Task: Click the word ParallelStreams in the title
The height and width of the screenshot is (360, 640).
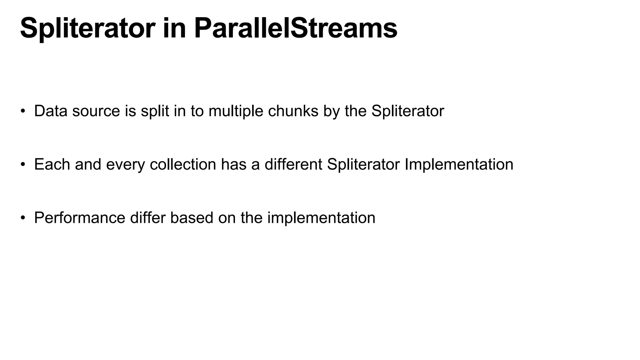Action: [x=295, y=28]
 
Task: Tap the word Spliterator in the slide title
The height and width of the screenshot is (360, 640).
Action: [x=87, y=28]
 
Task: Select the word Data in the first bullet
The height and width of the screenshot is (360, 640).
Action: [x=51, y=111]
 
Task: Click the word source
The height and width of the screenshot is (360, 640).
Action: [x=96, y=111]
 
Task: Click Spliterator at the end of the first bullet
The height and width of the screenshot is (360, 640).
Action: [x=407, y=111]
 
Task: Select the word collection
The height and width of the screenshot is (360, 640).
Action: [x=183, y=164]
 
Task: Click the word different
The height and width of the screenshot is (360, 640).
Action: [x=293, y=164]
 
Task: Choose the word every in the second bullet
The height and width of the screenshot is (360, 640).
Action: [x=125, y=164]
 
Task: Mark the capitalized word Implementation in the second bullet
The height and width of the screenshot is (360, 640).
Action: [x=459, y=164]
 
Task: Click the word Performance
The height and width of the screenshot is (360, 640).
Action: [x=79, y=218]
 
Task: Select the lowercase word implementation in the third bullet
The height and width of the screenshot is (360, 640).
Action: [x=321, y=218]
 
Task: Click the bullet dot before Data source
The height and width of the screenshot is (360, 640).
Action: [x=22, y=111]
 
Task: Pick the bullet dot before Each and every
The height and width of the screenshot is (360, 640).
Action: [x=22, y=165]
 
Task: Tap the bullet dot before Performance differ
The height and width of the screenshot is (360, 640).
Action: [x=22, y=218]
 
